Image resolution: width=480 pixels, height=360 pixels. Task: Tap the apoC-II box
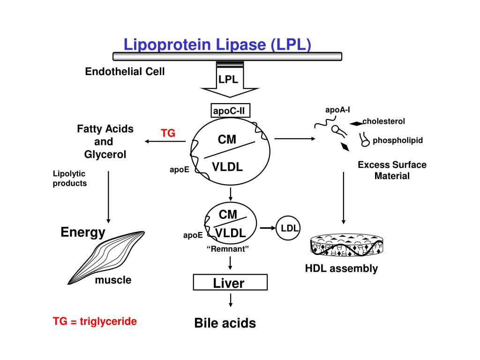[x=230, y=111]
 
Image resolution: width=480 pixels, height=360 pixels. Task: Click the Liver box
[x=230, y=283]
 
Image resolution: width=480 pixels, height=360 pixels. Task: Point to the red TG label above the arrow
[x=168, y=133]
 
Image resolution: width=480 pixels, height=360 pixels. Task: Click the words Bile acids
[x=225, y=323]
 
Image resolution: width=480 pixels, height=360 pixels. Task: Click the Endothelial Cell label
[x=125, y=72]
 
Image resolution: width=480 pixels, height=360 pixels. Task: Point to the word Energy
[x=83, y=232]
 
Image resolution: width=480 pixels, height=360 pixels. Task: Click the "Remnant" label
[x=227, y=249]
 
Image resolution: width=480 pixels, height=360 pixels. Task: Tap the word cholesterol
[x=383, y=121]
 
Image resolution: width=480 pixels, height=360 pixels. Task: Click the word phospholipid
[x=398, y=140]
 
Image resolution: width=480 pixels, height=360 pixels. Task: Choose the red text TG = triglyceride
[x=95, y=322]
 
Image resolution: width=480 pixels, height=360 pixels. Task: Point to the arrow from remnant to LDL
[x=267, y=228]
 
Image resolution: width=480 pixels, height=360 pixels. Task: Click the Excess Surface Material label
[x=392, y=170]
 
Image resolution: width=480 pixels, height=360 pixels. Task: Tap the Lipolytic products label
[x=70, y=179]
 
